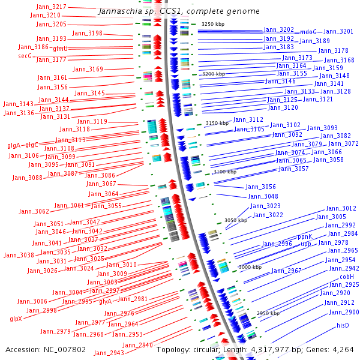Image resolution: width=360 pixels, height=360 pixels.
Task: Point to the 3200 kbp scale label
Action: pyautogui.click(x=213, y=74)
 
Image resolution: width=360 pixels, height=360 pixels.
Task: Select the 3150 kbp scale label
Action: pyautogui.click(x=217, y=123)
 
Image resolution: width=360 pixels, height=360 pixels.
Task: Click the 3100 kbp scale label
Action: pyautogui.click(x=225, y=172)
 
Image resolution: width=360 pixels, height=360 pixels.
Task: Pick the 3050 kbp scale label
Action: pyautogui.click(x=236, y=220)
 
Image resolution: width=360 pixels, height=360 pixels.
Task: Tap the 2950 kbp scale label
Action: pyautogui.click(x=268, y=313)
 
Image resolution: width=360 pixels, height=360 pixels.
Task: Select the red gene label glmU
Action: pyautogui.click(x=61, y=49)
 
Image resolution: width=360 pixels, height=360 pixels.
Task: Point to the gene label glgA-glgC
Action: pyautogui.click(x=23, y=145)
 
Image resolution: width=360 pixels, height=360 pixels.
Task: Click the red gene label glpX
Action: pyautogui.click(x=16, y=319)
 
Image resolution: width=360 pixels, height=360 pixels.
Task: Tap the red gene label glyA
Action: pyautogui.click(x=105, y=302)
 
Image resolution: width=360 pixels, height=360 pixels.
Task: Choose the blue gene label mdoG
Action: pyautogui.click(x=308, y=32)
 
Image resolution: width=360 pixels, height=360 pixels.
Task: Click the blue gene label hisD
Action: pyautogui.click(x=343, y=325)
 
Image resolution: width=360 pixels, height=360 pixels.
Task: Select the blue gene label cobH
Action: pyautogui.click(x=347, y=277)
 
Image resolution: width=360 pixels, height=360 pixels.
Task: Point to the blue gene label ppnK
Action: pyautogui.click(x=305, y=237)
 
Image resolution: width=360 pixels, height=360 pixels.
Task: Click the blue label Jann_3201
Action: pyautogui.click(x=338, y=31)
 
